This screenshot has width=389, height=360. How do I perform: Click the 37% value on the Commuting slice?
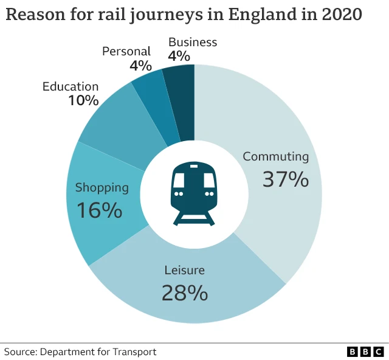point(285,179)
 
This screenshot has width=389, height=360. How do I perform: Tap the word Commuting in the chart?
point(275,156)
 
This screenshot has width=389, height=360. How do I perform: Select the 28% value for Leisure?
point(184,293)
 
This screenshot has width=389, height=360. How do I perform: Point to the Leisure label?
point(184,270)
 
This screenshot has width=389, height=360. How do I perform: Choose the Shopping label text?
point(102,187)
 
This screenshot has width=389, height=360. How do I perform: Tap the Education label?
point(70,86)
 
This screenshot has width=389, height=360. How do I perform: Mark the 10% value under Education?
point(83,100)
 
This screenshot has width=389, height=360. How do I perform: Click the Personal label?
point(126,51)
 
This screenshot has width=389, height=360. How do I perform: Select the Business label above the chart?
point(192,42)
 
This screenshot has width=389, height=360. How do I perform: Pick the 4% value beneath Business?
point(179,56)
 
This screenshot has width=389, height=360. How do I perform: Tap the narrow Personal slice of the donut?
point(154,109)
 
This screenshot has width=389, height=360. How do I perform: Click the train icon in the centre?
point(194,194)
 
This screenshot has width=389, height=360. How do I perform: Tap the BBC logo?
point(365,351)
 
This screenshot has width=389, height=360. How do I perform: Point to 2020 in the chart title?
point(340,15)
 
